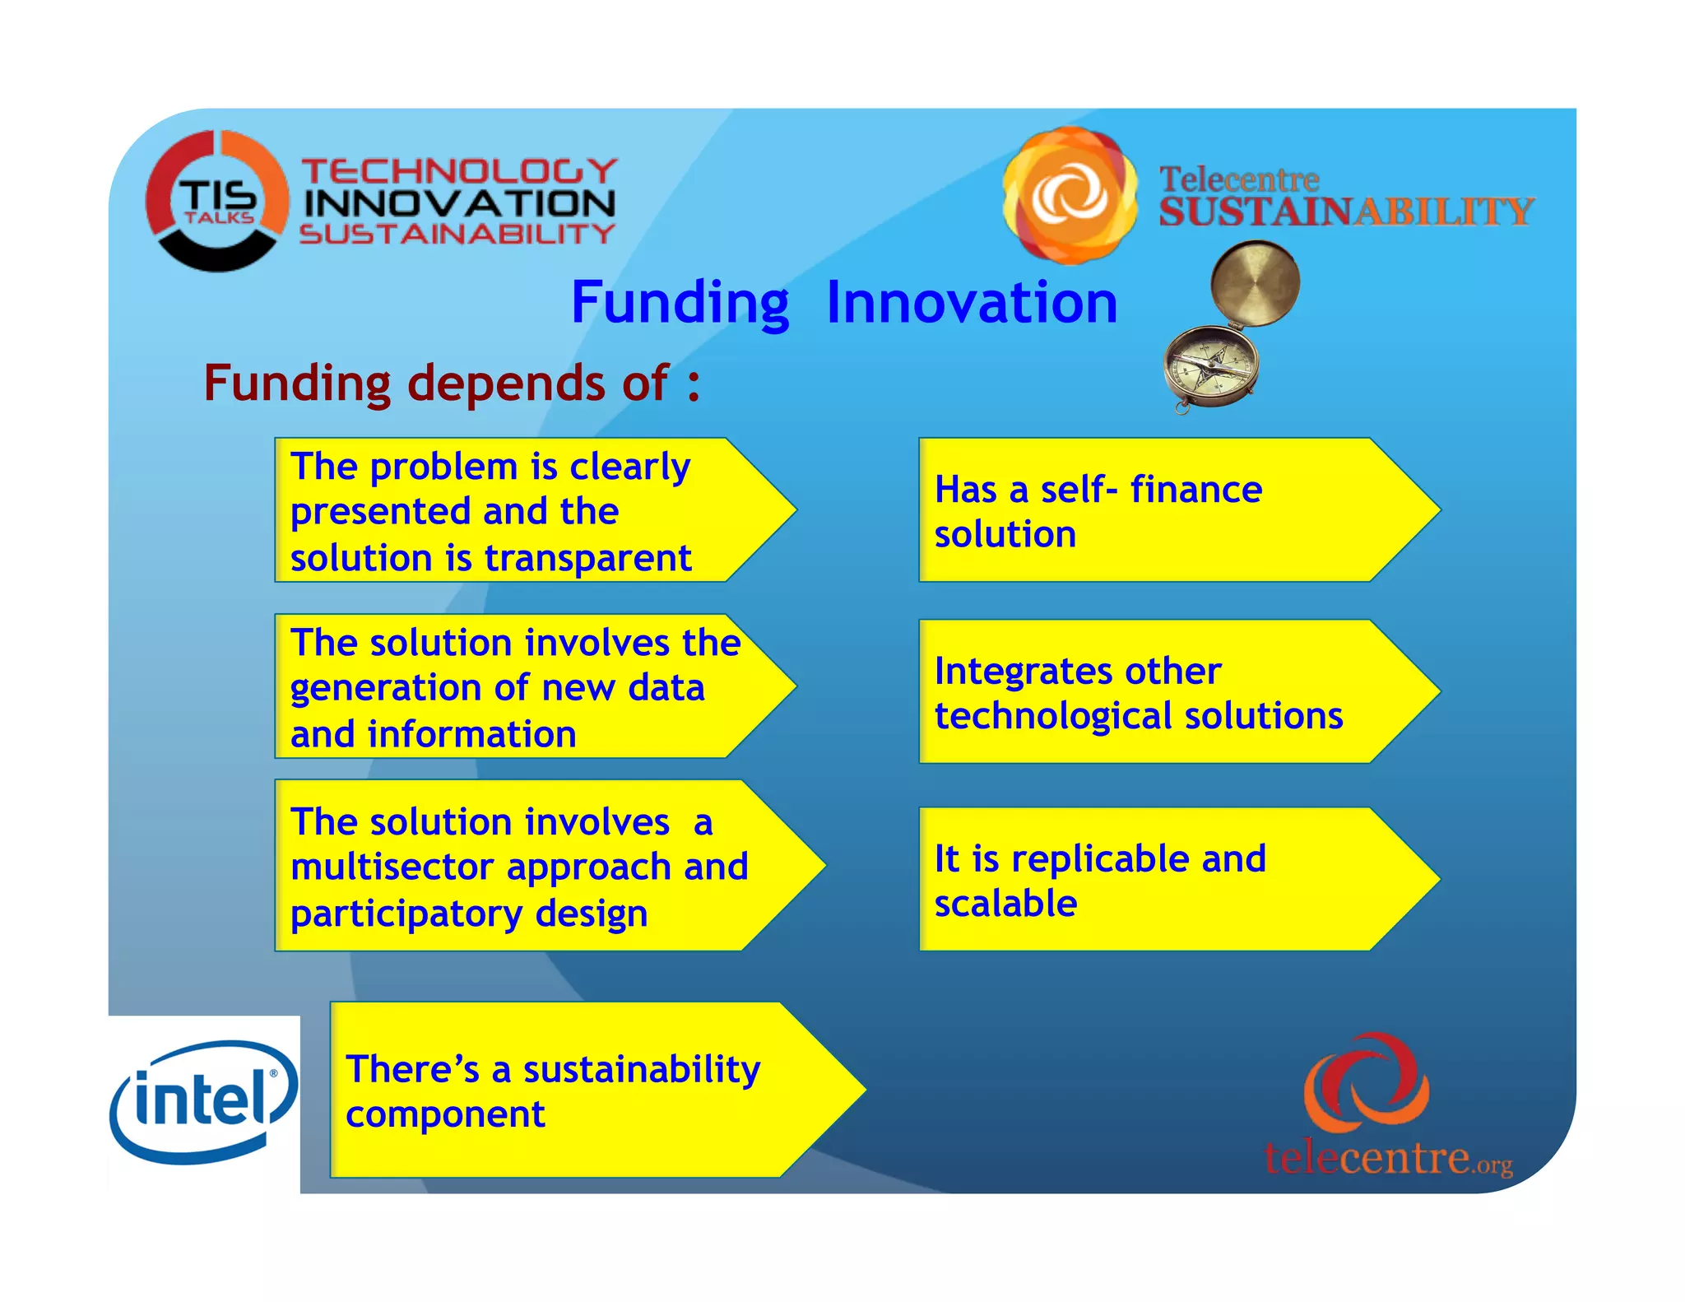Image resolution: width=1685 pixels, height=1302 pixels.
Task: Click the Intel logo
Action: click(203, 1101)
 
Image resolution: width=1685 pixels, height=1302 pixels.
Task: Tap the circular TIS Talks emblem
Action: click(217, 201)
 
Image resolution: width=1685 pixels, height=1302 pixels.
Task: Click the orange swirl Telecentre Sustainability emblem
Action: click(1070, 196)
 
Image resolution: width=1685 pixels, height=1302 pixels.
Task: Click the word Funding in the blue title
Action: click(680, 303)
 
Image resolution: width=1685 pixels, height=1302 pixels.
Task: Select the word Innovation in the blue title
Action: click(972, 303)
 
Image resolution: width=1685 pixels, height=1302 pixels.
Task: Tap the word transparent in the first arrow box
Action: click(587, 558)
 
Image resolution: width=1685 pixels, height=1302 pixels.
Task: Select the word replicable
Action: click(1100, 859)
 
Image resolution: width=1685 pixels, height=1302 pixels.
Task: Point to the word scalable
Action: click(1005, 904)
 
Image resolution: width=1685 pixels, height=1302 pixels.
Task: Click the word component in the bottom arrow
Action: click(445, 1114)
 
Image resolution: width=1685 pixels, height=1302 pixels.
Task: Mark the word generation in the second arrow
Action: click(386, 688)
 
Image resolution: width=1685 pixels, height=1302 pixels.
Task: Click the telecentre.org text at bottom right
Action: click(1388, 1158)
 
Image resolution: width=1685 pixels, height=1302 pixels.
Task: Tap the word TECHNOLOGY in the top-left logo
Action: click(459, 171)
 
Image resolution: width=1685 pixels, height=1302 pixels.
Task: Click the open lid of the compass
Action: click(1255, 282)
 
